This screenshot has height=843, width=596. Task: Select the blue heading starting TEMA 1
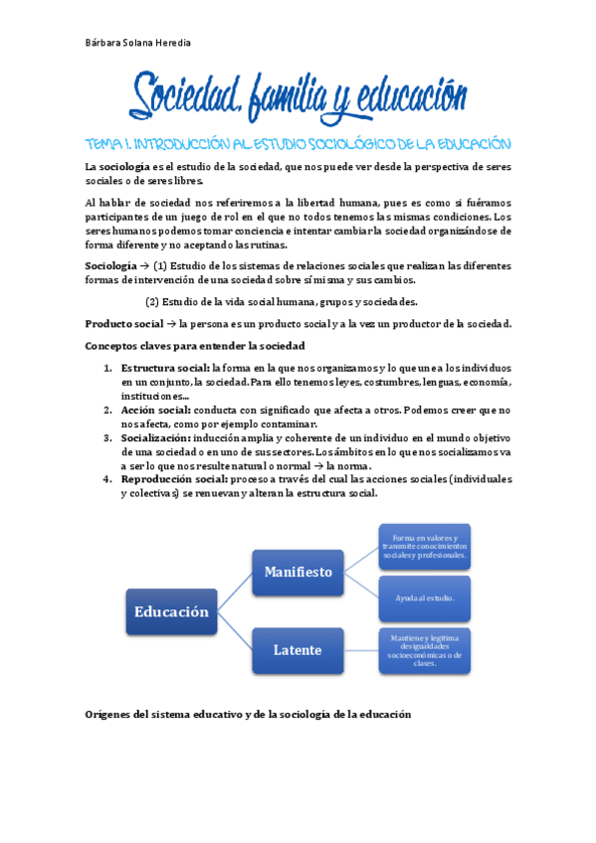[x=298, y=143]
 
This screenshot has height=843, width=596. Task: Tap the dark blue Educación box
[x=172, y=611]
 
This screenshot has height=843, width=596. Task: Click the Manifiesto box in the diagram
[x=298, y=572]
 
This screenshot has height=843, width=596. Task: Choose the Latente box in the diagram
[x=298, y=650]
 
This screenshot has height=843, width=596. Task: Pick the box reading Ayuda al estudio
[x=425, y=598]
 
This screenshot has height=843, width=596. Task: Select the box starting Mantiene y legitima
[x=425, y=650]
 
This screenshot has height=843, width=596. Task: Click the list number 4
[x=107, y=478]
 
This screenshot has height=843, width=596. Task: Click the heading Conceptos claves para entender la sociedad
[x=195, y=345]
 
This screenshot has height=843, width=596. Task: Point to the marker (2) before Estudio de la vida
[x=152, y=302]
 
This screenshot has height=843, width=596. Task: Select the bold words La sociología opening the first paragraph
[x=117, y=166]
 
